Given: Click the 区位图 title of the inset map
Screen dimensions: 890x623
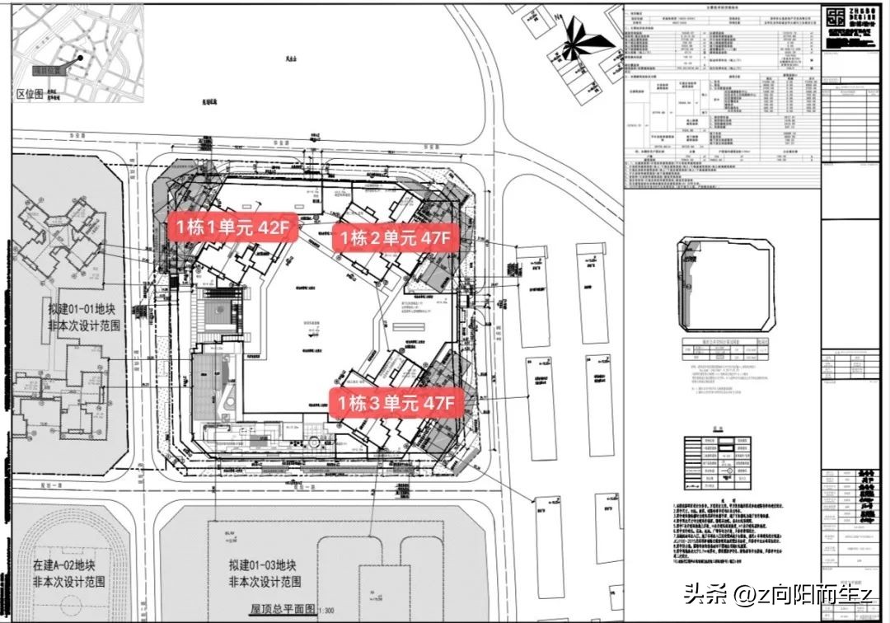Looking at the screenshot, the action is (x=30, y=93).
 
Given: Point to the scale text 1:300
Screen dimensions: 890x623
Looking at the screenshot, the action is (x=325, y=611).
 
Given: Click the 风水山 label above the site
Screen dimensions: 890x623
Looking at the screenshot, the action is (x=289, y=59).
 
